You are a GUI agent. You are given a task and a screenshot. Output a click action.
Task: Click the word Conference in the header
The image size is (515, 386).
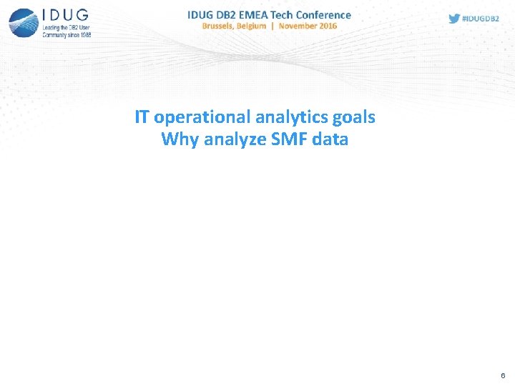tap(324, 14)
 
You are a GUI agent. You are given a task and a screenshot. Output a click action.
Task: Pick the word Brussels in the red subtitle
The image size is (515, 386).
tap(222, 26)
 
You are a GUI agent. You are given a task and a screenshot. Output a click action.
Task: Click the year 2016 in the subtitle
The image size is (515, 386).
tap(328, 26)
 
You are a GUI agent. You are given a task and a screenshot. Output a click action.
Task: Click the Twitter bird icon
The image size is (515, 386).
tap(454, 19)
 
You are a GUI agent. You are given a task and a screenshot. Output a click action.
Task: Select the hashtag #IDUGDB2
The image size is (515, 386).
tap(481, 19)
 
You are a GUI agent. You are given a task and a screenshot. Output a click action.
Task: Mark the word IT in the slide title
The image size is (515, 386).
tap(142, 117)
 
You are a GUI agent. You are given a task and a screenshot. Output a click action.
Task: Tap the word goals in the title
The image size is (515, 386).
tap(354, 117)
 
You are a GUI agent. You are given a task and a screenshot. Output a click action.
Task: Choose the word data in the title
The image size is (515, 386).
tap(330, 139)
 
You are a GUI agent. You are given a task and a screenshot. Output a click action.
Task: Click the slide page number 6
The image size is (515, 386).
tap(503, 375)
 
